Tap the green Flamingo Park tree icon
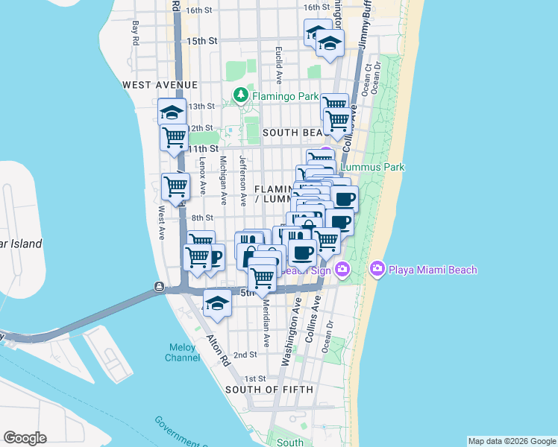(x=240, y=95)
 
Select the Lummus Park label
(x=372, y=167)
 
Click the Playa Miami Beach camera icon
(x=377, y=268)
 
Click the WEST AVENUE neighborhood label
(x=160, y=86)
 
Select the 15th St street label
(x=201, y=41)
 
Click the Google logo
(x=25, y=438)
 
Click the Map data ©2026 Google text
(x=512, y=441)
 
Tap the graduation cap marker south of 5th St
(x=217, y=304)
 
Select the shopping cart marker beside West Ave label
(x=175, y=186)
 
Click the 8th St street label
(x=202, y=218)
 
